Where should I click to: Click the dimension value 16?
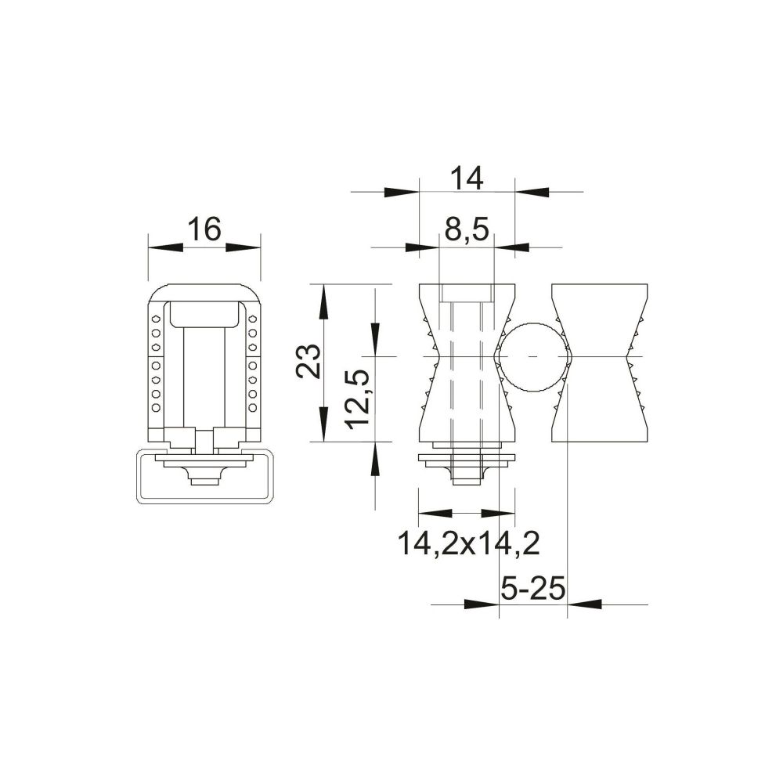(204, 229)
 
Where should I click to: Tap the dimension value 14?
(467, 179)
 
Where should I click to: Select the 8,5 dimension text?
(466, 230)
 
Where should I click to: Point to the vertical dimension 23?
(309, 361)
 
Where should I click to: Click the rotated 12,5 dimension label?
(359, 400)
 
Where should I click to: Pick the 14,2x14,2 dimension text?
(468, 544)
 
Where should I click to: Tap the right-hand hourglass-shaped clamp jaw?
(599, 363)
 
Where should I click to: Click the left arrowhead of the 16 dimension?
(166, 247)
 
